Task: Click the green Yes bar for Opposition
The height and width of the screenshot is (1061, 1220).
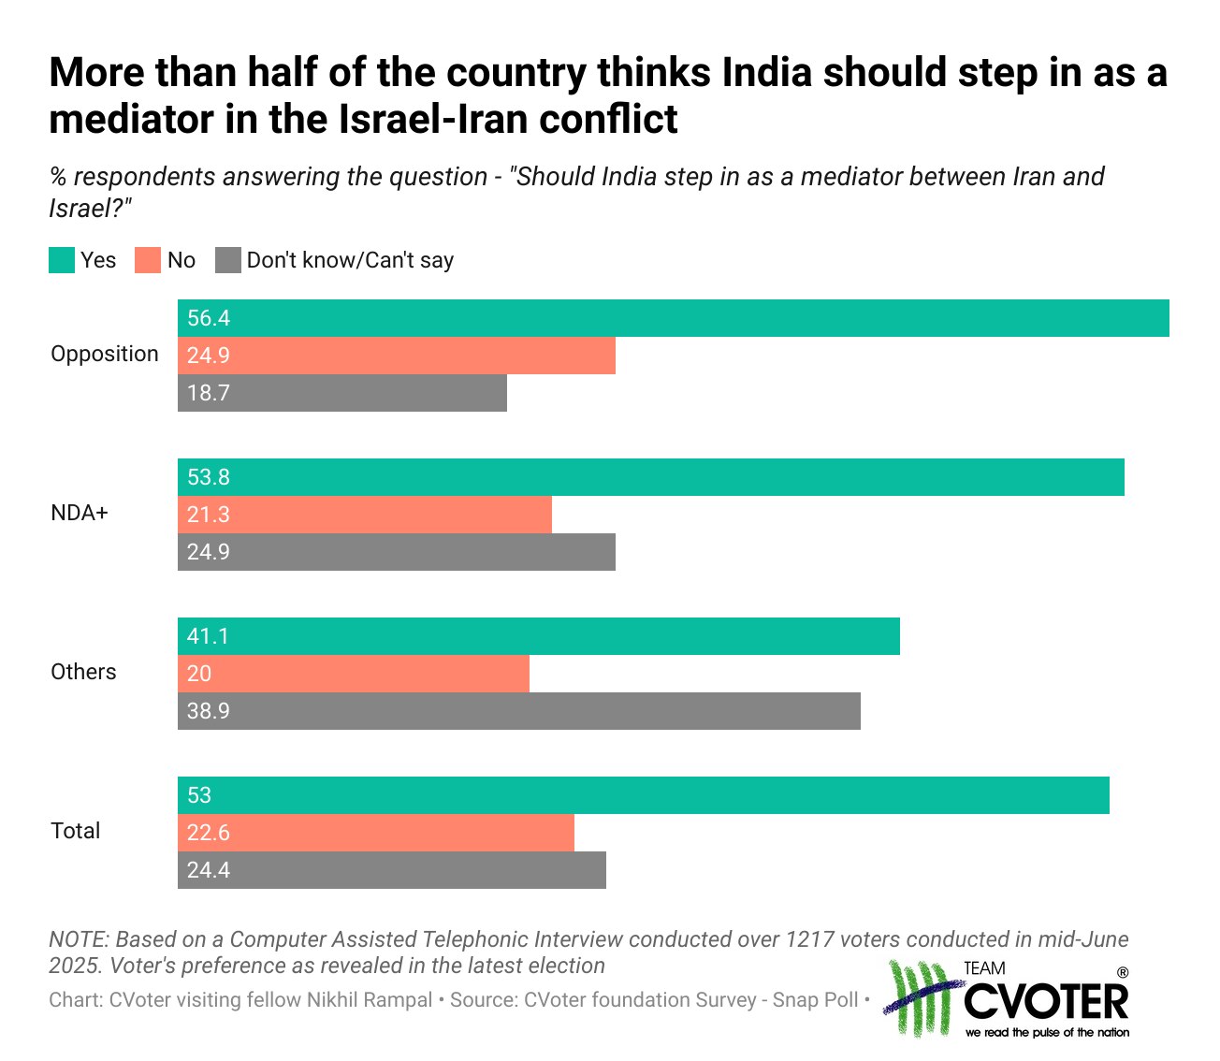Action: point(674,318)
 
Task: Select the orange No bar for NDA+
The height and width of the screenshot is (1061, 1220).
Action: point(365,515)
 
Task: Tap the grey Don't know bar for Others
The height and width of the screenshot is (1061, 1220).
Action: point(519,711)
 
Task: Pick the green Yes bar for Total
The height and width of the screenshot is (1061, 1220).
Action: point(644,795)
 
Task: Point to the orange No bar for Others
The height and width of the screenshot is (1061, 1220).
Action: point(354,674)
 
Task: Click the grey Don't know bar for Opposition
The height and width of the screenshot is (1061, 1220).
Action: point(342,393)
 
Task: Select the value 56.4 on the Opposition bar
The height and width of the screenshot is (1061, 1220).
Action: point(209,318)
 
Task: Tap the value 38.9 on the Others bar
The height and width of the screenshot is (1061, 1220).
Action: point(209,711)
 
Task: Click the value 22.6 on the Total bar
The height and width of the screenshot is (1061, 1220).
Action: point(209,833)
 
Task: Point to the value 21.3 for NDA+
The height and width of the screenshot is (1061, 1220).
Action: point(209,515)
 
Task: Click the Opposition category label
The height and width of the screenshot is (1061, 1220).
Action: point(105,354)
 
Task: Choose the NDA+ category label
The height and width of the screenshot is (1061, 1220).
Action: point(80,513)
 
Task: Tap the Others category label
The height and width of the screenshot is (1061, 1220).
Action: point(83,672)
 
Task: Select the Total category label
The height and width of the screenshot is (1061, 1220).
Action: point(76,831)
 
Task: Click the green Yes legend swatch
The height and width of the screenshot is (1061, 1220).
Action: point(62,260)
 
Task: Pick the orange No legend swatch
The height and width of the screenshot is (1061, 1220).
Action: point(148,260)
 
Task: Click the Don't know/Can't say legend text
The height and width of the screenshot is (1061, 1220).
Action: point(350,260)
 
